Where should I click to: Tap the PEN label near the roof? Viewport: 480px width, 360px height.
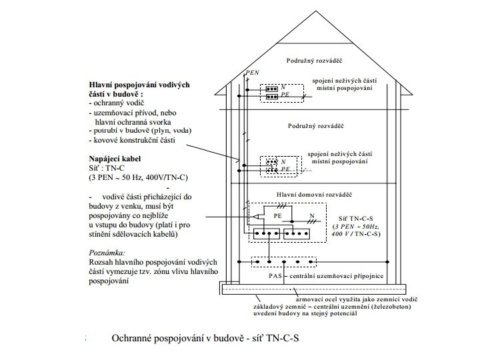pos(252,72)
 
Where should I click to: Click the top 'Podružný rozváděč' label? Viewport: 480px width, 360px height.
pos(314,60)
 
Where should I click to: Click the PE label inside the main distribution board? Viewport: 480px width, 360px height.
pos(277,217)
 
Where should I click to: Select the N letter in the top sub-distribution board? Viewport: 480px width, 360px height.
pos(283,87)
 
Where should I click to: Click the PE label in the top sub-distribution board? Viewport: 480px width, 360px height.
pos(285,96)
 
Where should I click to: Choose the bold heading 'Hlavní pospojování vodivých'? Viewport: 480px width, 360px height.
pos(140,85)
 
